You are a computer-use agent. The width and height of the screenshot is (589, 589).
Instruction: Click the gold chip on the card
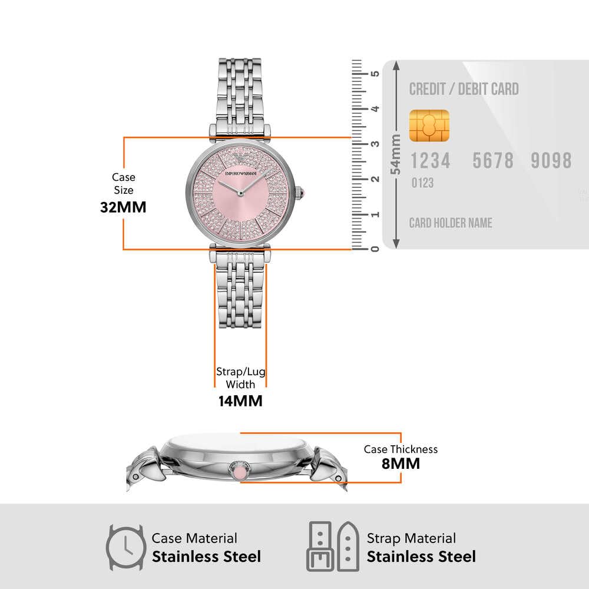tap(429, 125)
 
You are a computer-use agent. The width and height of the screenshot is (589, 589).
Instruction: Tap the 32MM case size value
tap(123, 207)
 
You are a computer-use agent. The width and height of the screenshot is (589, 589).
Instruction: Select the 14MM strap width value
tap(240, 401)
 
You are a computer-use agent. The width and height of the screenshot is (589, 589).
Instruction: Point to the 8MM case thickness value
tap(401, 464)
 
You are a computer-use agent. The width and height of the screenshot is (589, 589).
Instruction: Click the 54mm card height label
tap(396, 154)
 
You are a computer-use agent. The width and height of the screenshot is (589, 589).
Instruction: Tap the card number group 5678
tap(493, 161)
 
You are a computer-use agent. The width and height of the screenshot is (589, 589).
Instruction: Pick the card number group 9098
tap(551, 161)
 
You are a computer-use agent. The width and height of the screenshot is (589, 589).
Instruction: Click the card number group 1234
tap(430, 161)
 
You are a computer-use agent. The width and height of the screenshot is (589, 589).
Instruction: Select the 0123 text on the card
tap(422, 183)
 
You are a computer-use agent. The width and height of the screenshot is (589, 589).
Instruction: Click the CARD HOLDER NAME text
tap(451, 223)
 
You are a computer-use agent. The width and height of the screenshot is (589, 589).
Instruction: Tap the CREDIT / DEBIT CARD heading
tap(464, 90)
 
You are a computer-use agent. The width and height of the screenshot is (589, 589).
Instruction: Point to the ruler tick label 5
tap(374, 74)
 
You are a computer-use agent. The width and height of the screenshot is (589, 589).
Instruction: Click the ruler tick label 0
tap(374, 249)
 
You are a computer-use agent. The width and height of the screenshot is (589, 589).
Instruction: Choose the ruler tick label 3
tap(374, 144)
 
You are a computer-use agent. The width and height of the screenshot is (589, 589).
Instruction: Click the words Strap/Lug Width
tap(240, 378)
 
